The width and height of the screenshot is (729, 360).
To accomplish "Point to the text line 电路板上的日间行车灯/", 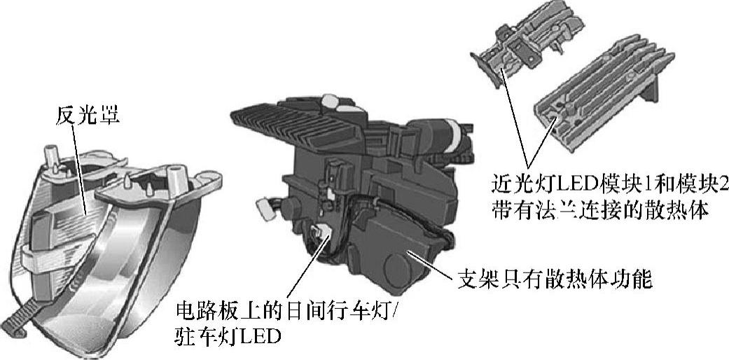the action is point(284,308).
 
